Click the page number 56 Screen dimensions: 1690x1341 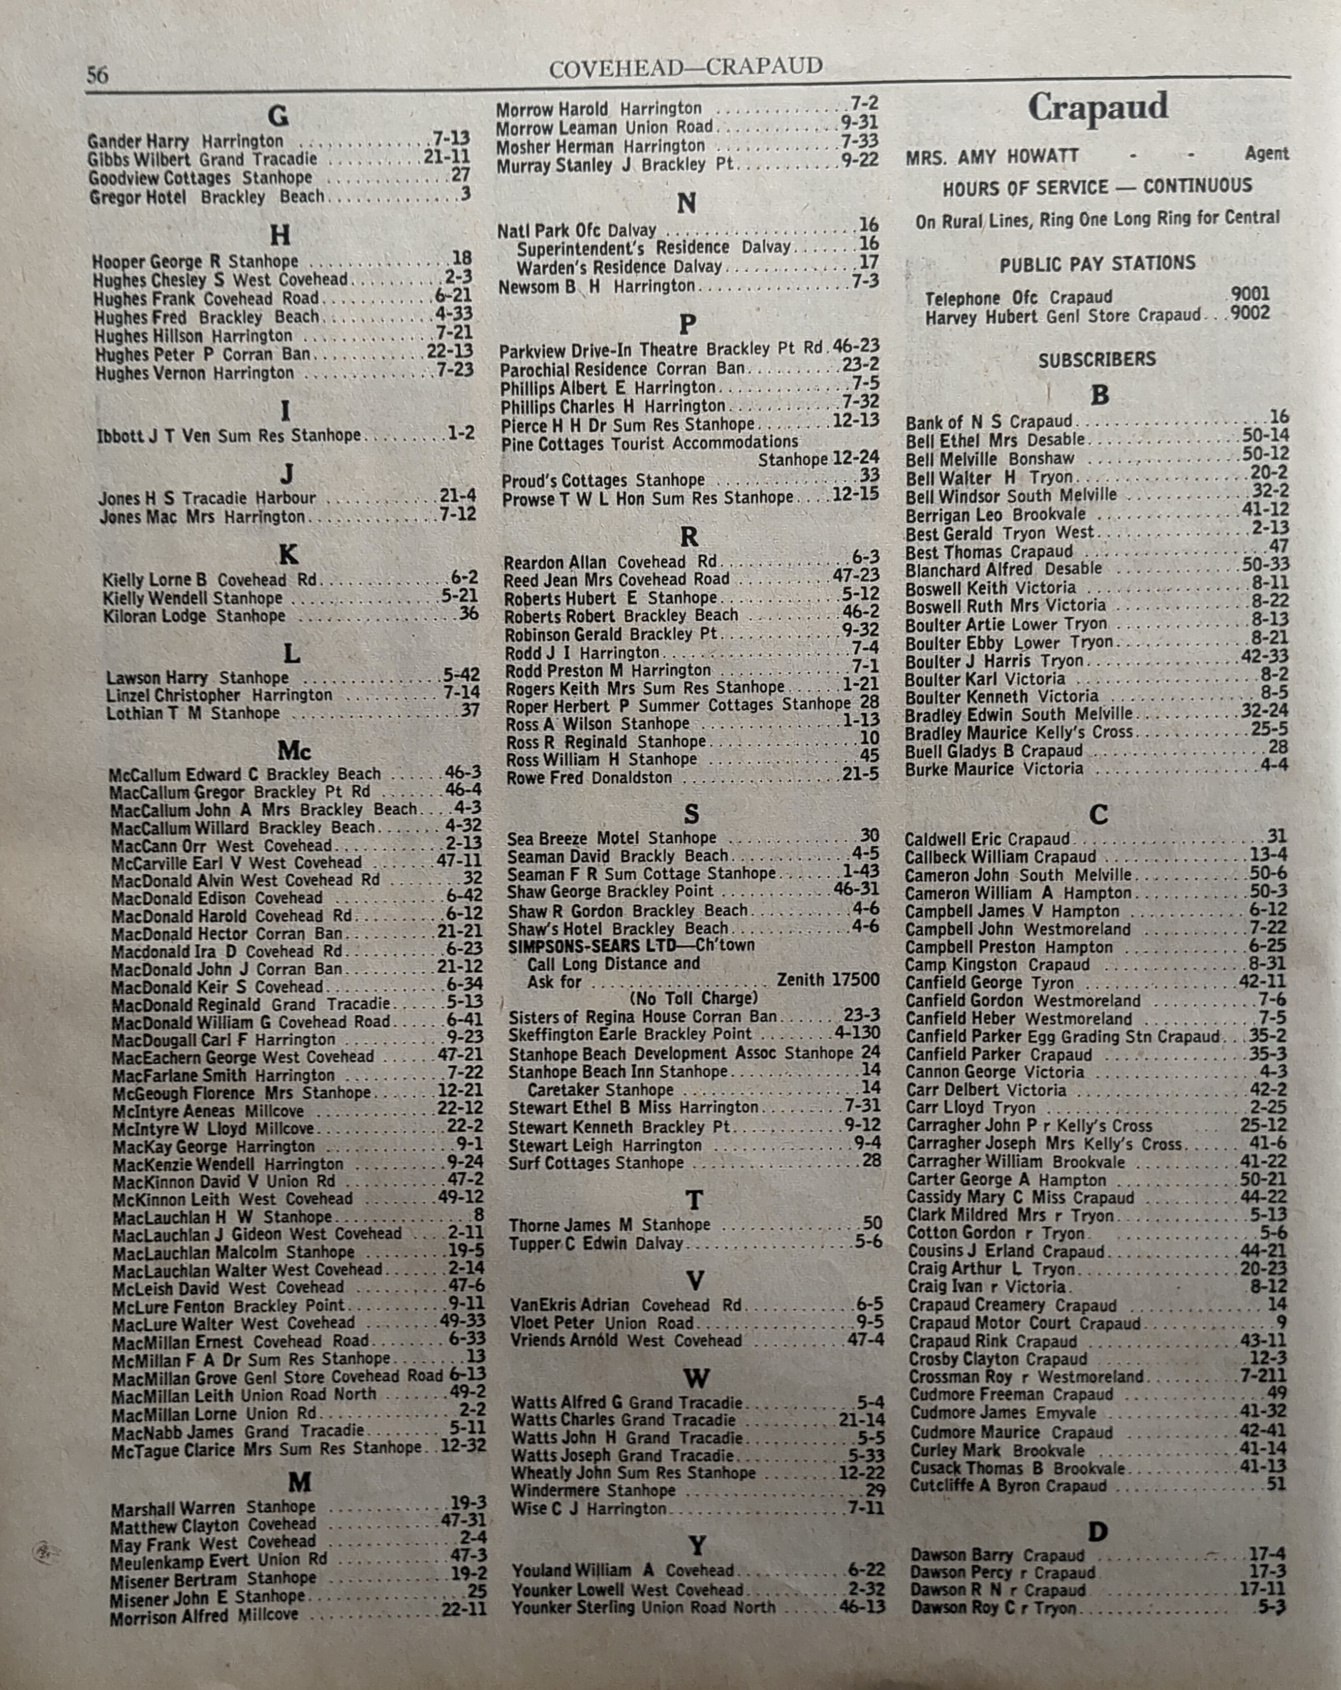97,75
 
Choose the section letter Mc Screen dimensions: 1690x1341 294,751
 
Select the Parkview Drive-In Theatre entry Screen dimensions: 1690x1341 601,349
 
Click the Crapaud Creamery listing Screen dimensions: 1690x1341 976,1305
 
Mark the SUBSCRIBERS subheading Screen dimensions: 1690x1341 1096,360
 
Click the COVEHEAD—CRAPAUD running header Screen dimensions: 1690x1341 685,68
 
